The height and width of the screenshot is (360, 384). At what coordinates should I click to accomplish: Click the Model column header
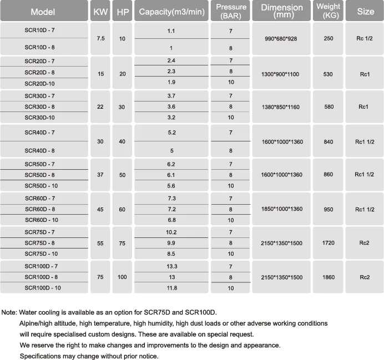(x=43, y=12)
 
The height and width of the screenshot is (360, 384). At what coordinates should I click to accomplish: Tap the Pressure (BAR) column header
(x=231, y=11)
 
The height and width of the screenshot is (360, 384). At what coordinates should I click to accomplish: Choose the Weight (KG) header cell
(x=328, y=11)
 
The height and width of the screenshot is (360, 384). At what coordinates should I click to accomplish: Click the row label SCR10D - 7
(x=39, y=31)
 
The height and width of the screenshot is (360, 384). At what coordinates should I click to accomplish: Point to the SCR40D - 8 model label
(x=39, y=151)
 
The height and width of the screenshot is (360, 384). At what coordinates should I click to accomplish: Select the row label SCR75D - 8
(x=39, y=242)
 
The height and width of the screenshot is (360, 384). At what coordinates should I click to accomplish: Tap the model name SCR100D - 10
(x=43, y=288)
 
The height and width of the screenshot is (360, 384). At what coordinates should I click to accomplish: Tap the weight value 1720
(x=328, y=242)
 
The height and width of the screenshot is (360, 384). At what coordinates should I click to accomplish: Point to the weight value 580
(x=328, y=107)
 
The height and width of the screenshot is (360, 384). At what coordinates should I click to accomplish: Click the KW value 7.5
(x=100, y=38)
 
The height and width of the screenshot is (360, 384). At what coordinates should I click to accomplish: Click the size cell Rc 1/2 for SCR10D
(x=365, y=38)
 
